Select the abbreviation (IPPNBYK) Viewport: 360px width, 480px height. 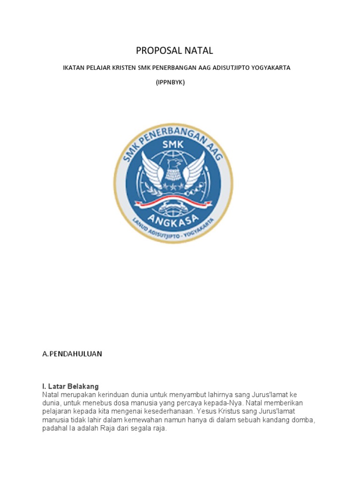pos(171,82)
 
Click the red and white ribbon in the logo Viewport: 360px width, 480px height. pos(173,202)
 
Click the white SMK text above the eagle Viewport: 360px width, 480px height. pos(173,146)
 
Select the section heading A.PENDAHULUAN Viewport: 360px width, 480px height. pos(72,354)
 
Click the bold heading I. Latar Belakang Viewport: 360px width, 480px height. pos(70,387)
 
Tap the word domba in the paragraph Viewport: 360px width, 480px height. pos(303,420)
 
